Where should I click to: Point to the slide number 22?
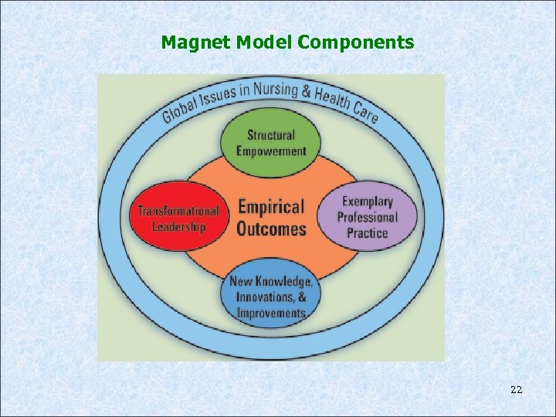tap(517, 390)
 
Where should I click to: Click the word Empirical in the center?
tap(271, 207)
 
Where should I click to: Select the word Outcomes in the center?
tap(271, 229)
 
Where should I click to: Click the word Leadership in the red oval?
tap(178, 226)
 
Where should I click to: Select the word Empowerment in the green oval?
tap(271, 151)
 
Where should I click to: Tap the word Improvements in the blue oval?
tap(271, 313)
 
